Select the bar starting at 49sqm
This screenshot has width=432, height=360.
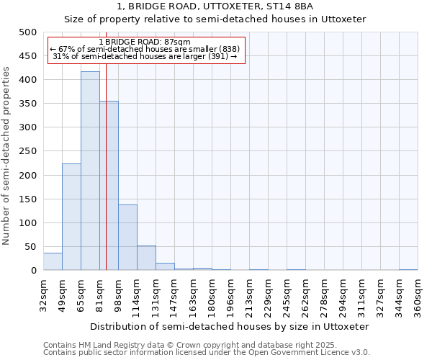point(71,217)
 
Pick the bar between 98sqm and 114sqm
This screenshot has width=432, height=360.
point(127,238)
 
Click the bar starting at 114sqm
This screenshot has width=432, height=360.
point(146,258)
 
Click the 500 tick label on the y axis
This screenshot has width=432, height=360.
point(28,32)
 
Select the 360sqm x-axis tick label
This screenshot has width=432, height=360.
point(418,296)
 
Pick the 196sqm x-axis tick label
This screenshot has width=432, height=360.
point(230,296)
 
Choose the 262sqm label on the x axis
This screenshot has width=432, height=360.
point(305,296)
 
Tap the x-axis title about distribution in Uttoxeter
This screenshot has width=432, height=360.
point(230,326)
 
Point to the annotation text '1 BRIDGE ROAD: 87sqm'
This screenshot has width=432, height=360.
point(145,42)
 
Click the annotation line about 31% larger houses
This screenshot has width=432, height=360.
point(145,56)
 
